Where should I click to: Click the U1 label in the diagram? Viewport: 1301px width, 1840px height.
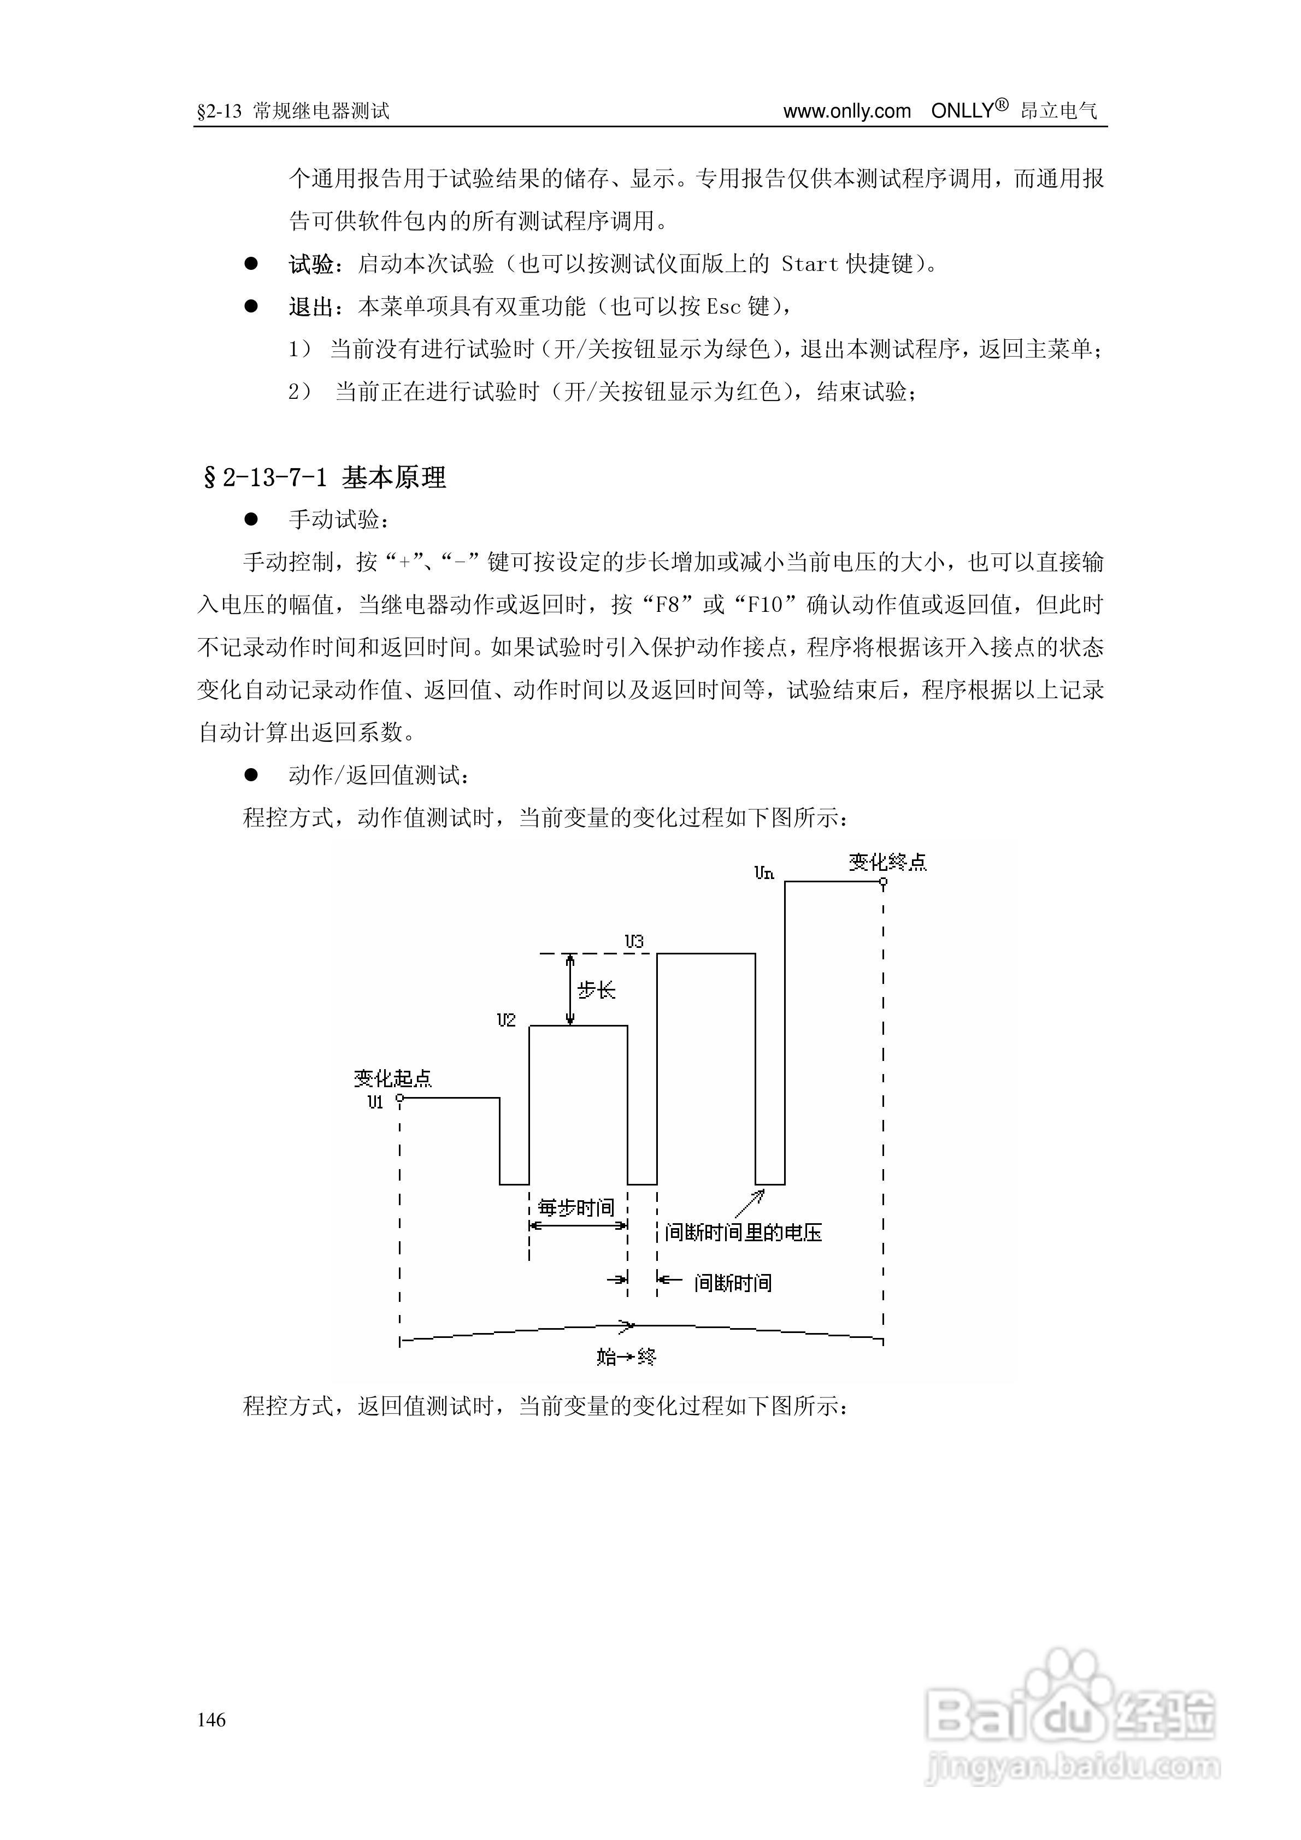[x=375, y=1102]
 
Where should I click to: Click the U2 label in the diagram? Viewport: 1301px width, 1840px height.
[x=506, y=1020]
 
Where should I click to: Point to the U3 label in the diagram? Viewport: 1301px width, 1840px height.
[x=634, y=942]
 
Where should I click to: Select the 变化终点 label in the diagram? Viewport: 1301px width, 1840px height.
[x=887, y=862]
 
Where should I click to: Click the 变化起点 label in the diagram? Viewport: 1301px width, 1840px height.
[x=393, y=1078]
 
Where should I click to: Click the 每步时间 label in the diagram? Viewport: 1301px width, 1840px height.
[x=575, y=1207]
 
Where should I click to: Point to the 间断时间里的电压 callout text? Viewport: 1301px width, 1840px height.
[x=743, y=1232]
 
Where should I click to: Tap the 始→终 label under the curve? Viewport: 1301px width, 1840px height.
[x=626, y=1357]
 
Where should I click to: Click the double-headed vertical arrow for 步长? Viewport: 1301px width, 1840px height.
[x=569, y=990]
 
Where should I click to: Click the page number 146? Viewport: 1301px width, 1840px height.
[x=211, y=1719]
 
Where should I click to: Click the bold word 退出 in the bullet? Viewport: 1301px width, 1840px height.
[x=311, y=306]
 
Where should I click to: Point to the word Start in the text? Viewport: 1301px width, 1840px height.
[x=810, y=264]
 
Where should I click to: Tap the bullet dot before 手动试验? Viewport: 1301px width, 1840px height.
[x=251, y=520]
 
